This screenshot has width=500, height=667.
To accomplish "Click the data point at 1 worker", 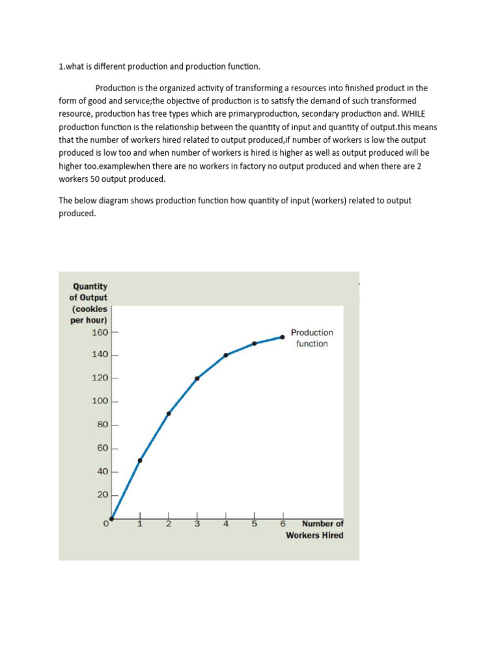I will (140, 461).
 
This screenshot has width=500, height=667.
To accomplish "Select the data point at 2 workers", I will (169, 413).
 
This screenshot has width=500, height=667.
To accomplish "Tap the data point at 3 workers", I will (197, 378).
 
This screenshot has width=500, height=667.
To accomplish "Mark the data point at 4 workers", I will (226, 355).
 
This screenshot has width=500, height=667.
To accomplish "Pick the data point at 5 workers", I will (255, 343).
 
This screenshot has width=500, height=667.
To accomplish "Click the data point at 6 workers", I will (283, 337).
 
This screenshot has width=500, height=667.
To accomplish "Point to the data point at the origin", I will (112, 518).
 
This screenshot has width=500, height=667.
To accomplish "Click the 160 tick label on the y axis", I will (100, 332).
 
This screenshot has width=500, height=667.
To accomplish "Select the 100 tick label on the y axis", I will (100, 401).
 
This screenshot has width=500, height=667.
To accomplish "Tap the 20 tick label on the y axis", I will (102, 495).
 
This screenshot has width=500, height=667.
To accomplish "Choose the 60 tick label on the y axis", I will (102, 448).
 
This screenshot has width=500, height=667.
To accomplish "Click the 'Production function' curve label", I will (312, 338).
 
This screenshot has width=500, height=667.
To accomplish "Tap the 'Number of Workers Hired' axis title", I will (315, 530).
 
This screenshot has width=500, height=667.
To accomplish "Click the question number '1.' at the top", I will (62, 66).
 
